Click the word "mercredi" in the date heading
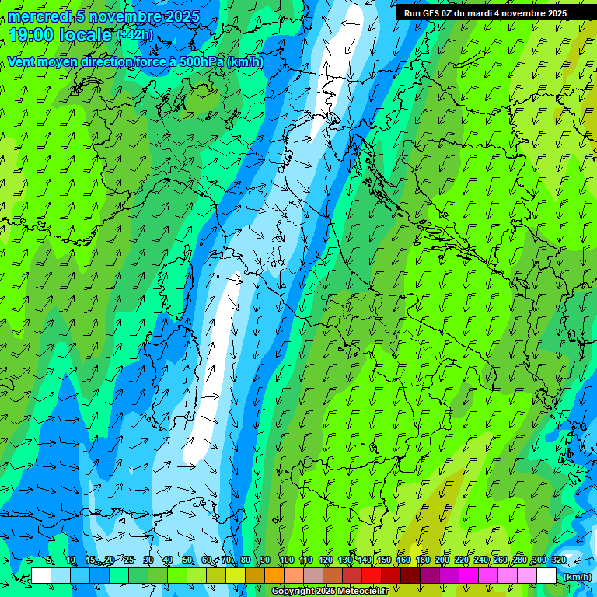pos(40,16)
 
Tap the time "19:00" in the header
pos(30,35)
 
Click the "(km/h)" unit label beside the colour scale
pos(576,576)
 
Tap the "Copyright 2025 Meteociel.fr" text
pos(330,592)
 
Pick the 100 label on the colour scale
pos(286,560)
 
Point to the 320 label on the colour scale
pos(557,560)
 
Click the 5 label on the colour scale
pos(51,560)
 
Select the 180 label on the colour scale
pos(422,560)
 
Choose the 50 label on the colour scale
pos(187,560)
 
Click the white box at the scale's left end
pos(41,576)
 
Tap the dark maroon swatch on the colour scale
pos(410,576)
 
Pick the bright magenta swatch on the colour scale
pos(469,576)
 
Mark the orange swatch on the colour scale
pos(274,576)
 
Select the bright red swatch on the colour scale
pos(372,576)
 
